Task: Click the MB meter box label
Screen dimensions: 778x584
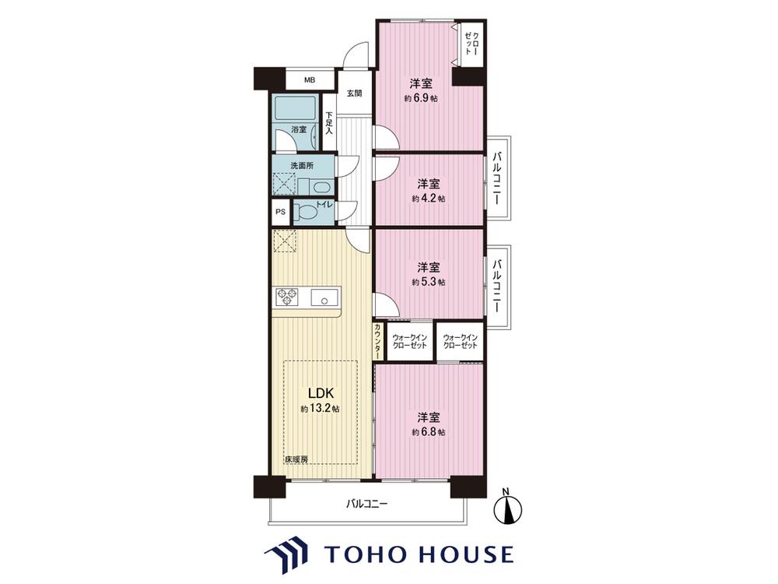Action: click(309, 80)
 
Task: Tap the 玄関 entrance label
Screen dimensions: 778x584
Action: click(354, 93)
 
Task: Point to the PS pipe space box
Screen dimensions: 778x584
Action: click(280, 212)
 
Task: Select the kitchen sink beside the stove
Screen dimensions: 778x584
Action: click(324, 297)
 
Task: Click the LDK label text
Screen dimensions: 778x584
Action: click(321, 394)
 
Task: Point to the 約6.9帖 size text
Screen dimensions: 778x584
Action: click(421, 98)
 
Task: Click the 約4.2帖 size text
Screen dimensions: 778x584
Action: click(428, 199)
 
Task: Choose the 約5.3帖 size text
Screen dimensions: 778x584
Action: click(428, 282)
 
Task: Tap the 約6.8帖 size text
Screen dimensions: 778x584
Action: click(428, 432)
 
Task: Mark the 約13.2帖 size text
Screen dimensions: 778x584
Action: click(320, 410)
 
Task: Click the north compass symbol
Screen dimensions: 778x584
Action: click(509, 508)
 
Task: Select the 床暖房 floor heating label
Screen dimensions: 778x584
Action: click(296, 459)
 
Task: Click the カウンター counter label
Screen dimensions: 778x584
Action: click(378, 341)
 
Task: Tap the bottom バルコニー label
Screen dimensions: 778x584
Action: click(366, 504)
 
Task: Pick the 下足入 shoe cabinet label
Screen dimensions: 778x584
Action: click(328, 123)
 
